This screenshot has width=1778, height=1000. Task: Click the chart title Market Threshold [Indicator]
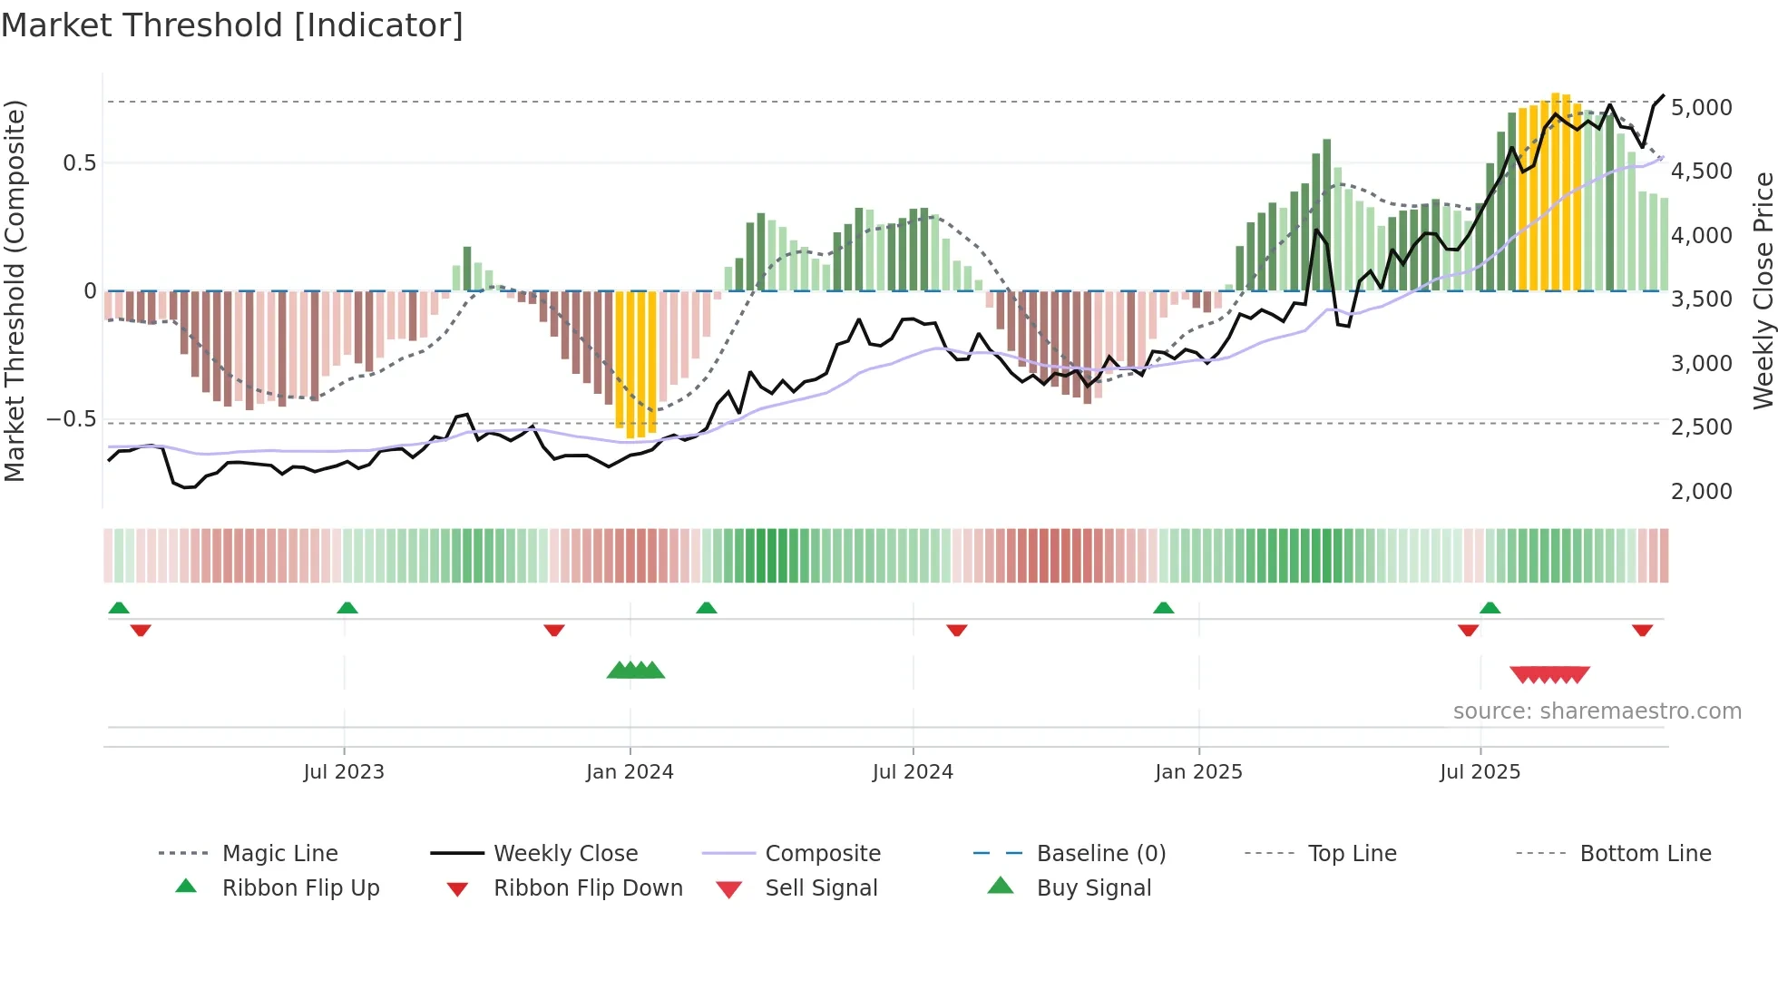point(232,25)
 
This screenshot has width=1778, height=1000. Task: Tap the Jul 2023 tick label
point(344,772)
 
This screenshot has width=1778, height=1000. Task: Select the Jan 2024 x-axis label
point(630,772)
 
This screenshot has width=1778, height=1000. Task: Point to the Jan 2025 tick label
point(1198,772)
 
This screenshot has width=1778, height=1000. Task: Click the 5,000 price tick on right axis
point(1701,108)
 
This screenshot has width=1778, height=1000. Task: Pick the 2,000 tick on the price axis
point(1701,492)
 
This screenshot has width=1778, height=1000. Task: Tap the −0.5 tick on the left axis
point(71,419)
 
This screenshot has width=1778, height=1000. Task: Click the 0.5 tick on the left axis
point(79,163)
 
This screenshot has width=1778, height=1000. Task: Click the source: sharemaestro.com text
point(1597,711)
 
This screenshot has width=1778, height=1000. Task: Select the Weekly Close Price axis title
point(1763,290)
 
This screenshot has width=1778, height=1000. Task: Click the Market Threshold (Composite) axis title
point(15,290)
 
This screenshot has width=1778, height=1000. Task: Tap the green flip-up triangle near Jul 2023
point(347,608)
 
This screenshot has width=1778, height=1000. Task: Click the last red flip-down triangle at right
point(1642,630)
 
